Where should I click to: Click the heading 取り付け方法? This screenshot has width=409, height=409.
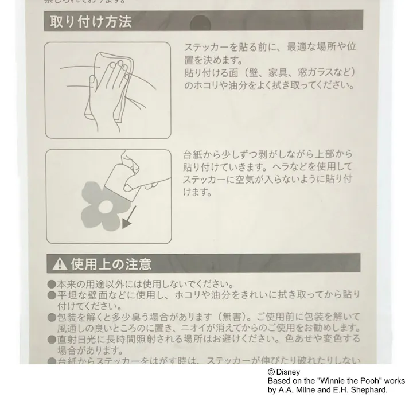pos(91,22)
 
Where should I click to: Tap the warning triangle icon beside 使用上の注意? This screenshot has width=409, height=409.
pos(59,264)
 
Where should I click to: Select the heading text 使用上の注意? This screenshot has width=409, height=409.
pos(111,264)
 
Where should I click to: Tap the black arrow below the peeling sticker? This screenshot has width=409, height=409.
pos(129,219)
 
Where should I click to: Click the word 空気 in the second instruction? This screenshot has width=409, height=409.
pos(247,179)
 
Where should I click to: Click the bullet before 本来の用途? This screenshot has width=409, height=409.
pos(52,285)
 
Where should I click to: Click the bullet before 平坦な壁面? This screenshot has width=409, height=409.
pos(52,295)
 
